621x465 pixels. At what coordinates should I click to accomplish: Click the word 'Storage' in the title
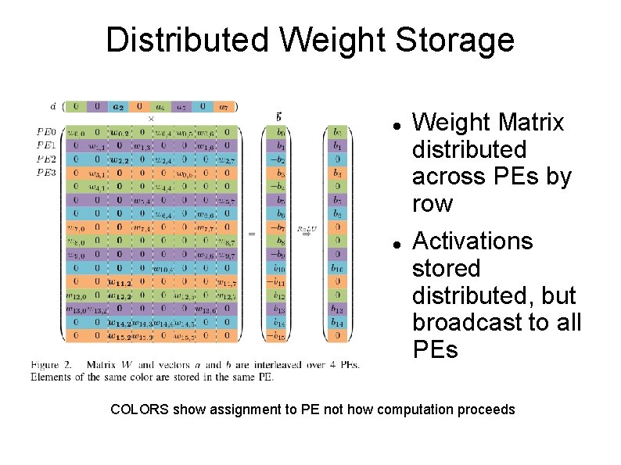458,40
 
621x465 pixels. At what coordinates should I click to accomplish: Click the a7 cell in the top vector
224,106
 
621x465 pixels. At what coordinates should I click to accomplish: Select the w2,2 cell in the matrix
119,160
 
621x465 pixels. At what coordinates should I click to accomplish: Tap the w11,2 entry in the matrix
119,282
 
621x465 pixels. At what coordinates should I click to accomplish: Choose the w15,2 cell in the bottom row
119,336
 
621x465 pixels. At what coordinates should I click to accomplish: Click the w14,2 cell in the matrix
119,323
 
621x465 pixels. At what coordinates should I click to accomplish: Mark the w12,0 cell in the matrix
76,296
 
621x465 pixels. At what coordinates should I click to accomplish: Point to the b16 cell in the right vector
337,269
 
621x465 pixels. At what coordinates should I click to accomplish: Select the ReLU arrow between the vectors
306,234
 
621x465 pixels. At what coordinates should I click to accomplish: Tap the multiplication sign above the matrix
151,119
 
